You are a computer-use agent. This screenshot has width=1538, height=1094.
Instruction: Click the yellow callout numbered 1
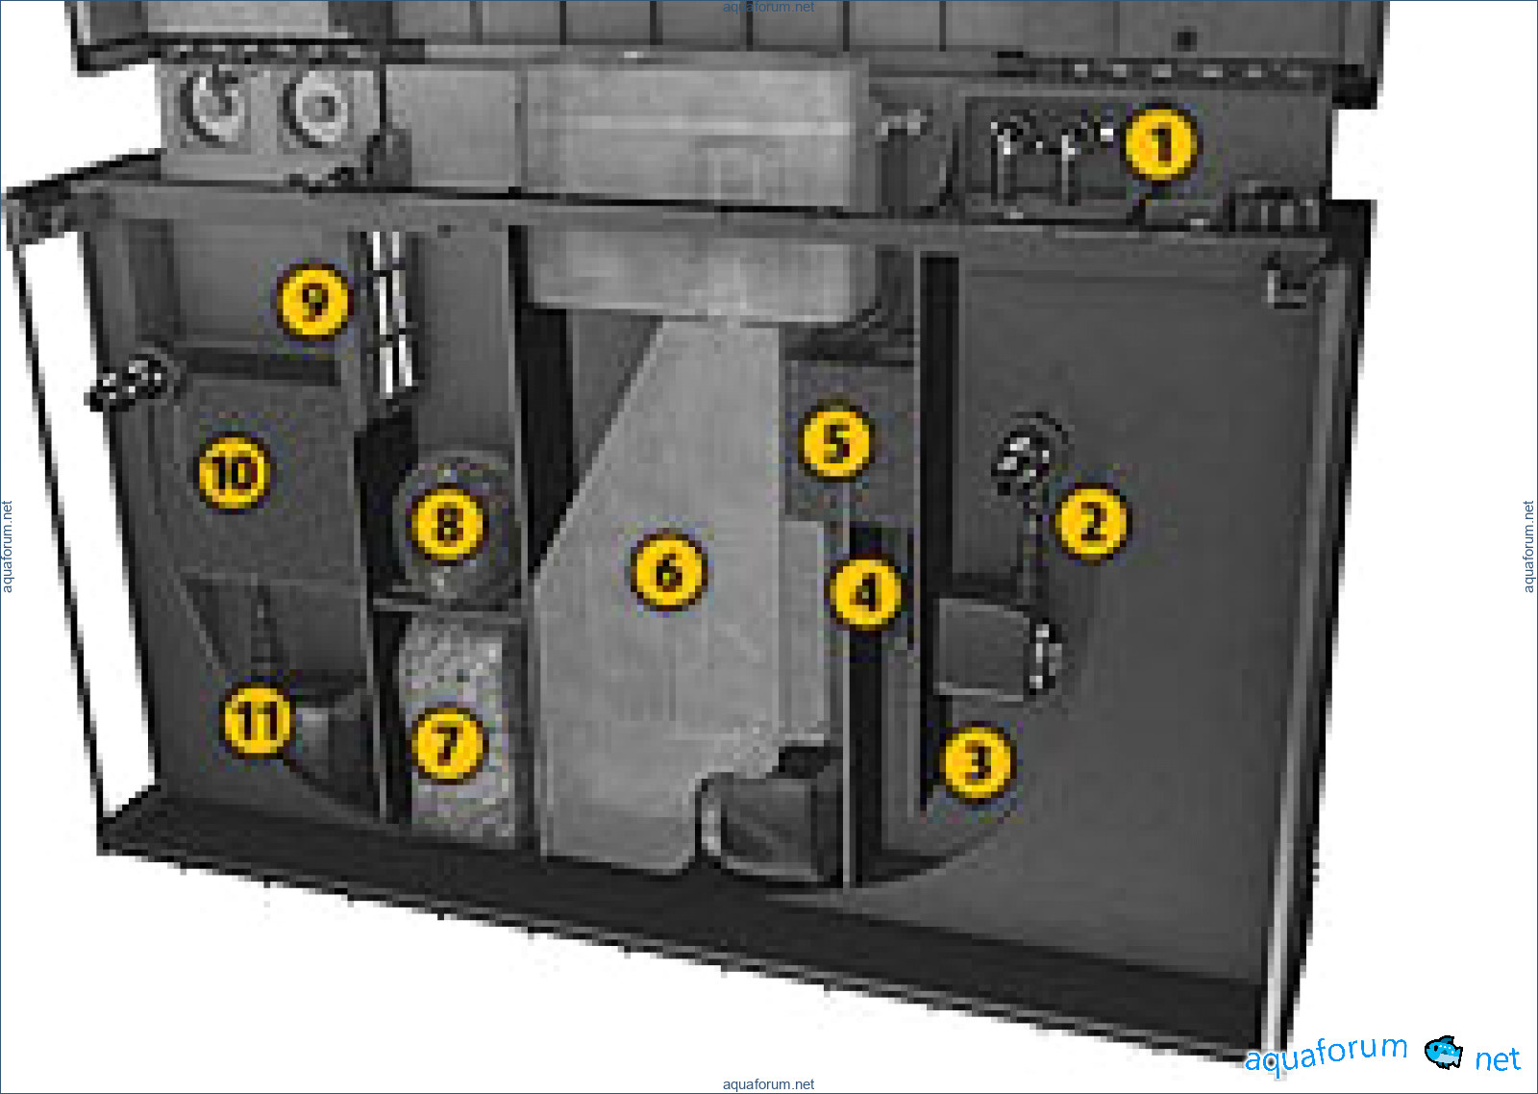[1161, 143]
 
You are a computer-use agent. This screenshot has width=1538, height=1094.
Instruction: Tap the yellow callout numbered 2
[1091, 521]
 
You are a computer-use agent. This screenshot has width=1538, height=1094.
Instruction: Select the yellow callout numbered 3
[977, 760]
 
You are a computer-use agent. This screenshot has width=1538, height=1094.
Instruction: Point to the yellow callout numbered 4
[865, 592]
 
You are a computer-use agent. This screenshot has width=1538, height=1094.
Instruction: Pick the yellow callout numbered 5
[835, 441]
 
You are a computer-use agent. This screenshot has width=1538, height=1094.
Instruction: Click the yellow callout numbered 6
[668, 571]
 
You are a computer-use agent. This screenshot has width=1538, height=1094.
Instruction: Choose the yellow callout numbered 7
[448, 744]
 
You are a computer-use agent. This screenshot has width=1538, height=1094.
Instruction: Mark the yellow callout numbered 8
[447, 524]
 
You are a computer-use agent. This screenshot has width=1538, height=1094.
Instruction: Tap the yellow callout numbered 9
[313, 300]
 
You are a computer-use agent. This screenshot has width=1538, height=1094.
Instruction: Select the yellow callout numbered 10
[233, 472]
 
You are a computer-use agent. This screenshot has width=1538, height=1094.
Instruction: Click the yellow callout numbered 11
[258, 720]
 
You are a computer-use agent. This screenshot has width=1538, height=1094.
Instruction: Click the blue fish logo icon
[1443, 1052]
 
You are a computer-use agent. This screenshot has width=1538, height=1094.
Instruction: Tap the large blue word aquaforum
[1326, 1053]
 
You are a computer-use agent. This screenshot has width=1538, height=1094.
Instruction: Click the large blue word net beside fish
[1498, 1059]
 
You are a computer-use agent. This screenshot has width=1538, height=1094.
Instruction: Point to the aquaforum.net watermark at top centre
[768, 7]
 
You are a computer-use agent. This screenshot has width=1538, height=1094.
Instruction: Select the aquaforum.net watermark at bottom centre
[768, 1083]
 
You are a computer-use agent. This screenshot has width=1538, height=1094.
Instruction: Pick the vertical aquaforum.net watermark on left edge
[7, 547]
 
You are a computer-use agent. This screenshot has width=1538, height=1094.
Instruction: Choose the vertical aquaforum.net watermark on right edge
[1528, 547]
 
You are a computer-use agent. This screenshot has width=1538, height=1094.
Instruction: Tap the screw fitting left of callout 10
[132, 380]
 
